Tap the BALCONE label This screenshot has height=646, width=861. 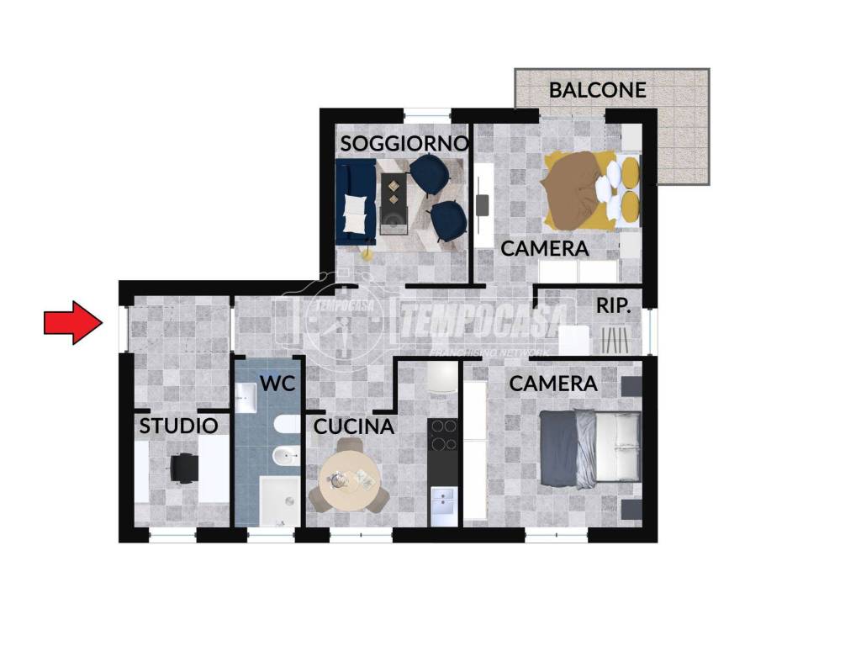click(x=598, y=90)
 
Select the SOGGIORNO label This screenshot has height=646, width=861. click(x=404, y=143)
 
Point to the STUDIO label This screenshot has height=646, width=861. click(x=178, y=426)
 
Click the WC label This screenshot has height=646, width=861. click(x=277, y=384)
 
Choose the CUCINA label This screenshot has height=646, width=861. click(x=354, y=426)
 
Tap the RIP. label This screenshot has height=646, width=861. click(x=613, y=306)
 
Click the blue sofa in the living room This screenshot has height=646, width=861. click(x=356, y=202)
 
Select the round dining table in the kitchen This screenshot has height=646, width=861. click(x=349, y=480)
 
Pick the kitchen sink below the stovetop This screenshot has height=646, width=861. click(x=443, y=501)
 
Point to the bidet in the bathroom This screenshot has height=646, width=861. click(x=287, y=456)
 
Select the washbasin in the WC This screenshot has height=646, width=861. click(x=246, y=397)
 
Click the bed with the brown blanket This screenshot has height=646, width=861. click(x=592, y=190)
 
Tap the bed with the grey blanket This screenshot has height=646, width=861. click(x=590, y=447)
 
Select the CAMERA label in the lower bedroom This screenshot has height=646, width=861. click(x=553, y=384)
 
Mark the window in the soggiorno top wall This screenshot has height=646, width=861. click(x=427, y=115)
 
